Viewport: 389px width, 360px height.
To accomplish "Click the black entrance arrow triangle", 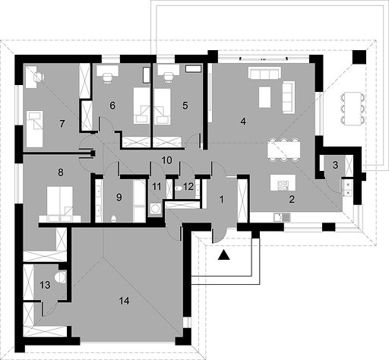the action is click(224, 255).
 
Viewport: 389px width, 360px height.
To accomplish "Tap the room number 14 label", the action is click(124, 301).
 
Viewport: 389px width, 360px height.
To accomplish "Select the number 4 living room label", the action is click(243, 122).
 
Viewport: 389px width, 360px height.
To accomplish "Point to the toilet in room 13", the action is click(61, 277).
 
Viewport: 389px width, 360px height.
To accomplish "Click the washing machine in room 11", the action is click(155, 209).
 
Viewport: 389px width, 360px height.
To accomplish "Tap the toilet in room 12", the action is click(179, 188).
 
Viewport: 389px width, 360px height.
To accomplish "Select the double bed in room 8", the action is click(60, 204).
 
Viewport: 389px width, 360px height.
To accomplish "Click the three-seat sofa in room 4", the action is click(264, 73).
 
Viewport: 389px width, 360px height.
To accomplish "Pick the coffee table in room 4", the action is click(265, 97).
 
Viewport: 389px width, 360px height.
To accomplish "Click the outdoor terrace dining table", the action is click(353, 109).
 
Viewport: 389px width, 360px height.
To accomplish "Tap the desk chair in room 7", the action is click(40, 77).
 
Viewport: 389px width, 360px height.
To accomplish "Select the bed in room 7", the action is click(34, 129).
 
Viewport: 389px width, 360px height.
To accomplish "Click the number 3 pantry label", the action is click(335, 165).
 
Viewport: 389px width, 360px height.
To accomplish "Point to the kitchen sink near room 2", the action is click(282, 217).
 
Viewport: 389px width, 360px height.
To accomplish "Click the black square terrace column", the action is click(359, 57).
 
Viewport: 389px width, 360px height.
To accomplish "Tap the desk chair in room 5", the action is click(168, 77).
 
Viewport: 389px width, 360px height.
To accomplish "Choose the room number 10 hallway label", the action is click(166, 160).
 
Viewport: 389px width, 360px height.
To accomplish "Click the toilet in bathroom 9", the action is click(114, 219).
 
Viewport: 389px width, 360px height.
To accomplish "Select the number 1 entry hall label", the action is click(222, 200).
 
